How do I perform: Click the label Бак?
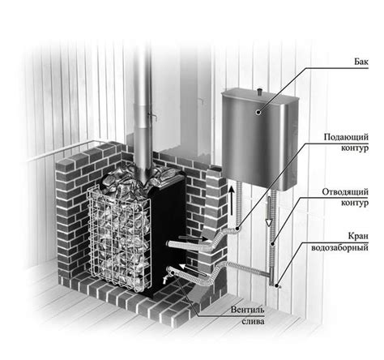click(x=361, y=62)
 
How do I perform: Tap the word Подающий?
click(x=346, y=137)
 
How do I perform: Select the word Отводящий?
click(x=345, y=192)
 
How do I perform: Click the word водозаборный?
click(x=339, y=247)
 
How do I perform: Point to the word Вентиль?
click(x=247, y=310)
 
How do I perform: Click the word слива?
click(x=253, y=322)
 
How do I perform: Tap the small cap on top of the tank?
click(x=259, y=92)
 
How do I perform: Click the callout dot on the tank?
click(x=258, y=112)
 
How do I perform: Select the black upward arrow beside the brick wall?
click(x=232, y=200)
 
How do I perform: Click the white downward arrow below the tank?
click(x=269, y=212)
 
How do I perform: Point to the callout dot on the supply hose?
click(x=237, y=229)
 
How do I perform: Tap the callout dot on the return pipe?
click(x=273, y=244)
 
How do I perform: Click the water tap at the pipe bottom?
click(x=276, y=285)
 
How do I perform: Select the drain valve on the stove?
click(x=165, y=278)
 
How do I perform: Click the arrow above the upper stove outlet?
click(x=194, y=238)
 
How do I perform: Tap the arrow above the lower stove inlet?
click(x=194, y=269)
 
